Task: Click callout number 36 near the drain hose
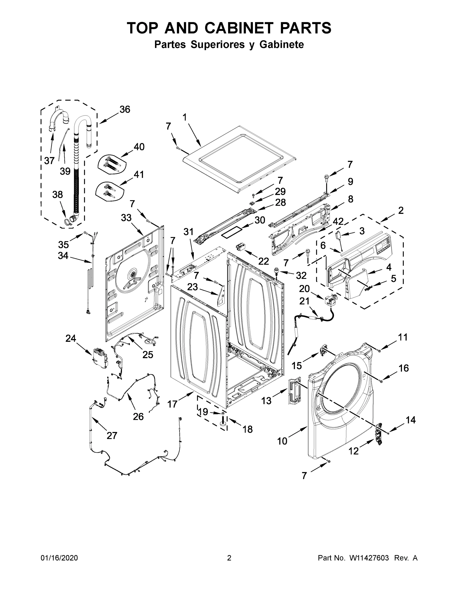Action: tap(125, 109)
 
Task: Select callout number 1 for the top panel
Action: tap(185, 117)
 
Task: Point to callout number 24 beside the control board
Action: tap(71, 338)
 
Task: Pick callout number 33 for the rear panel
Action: tap(126, 217)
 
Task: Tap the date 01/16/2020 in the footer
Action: tap(59, 558)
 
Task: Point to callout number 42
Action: tap(338, 222)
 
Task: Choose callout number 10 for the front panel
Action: tap(282, 441)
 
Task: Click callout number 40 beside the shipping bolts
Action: tap(139, 147)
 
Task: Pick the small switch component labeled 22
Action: tap(240, 247)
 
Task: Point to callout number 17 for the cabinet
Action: tap(172, 404)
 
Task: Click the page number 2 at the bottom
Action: tap(229, 558)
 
